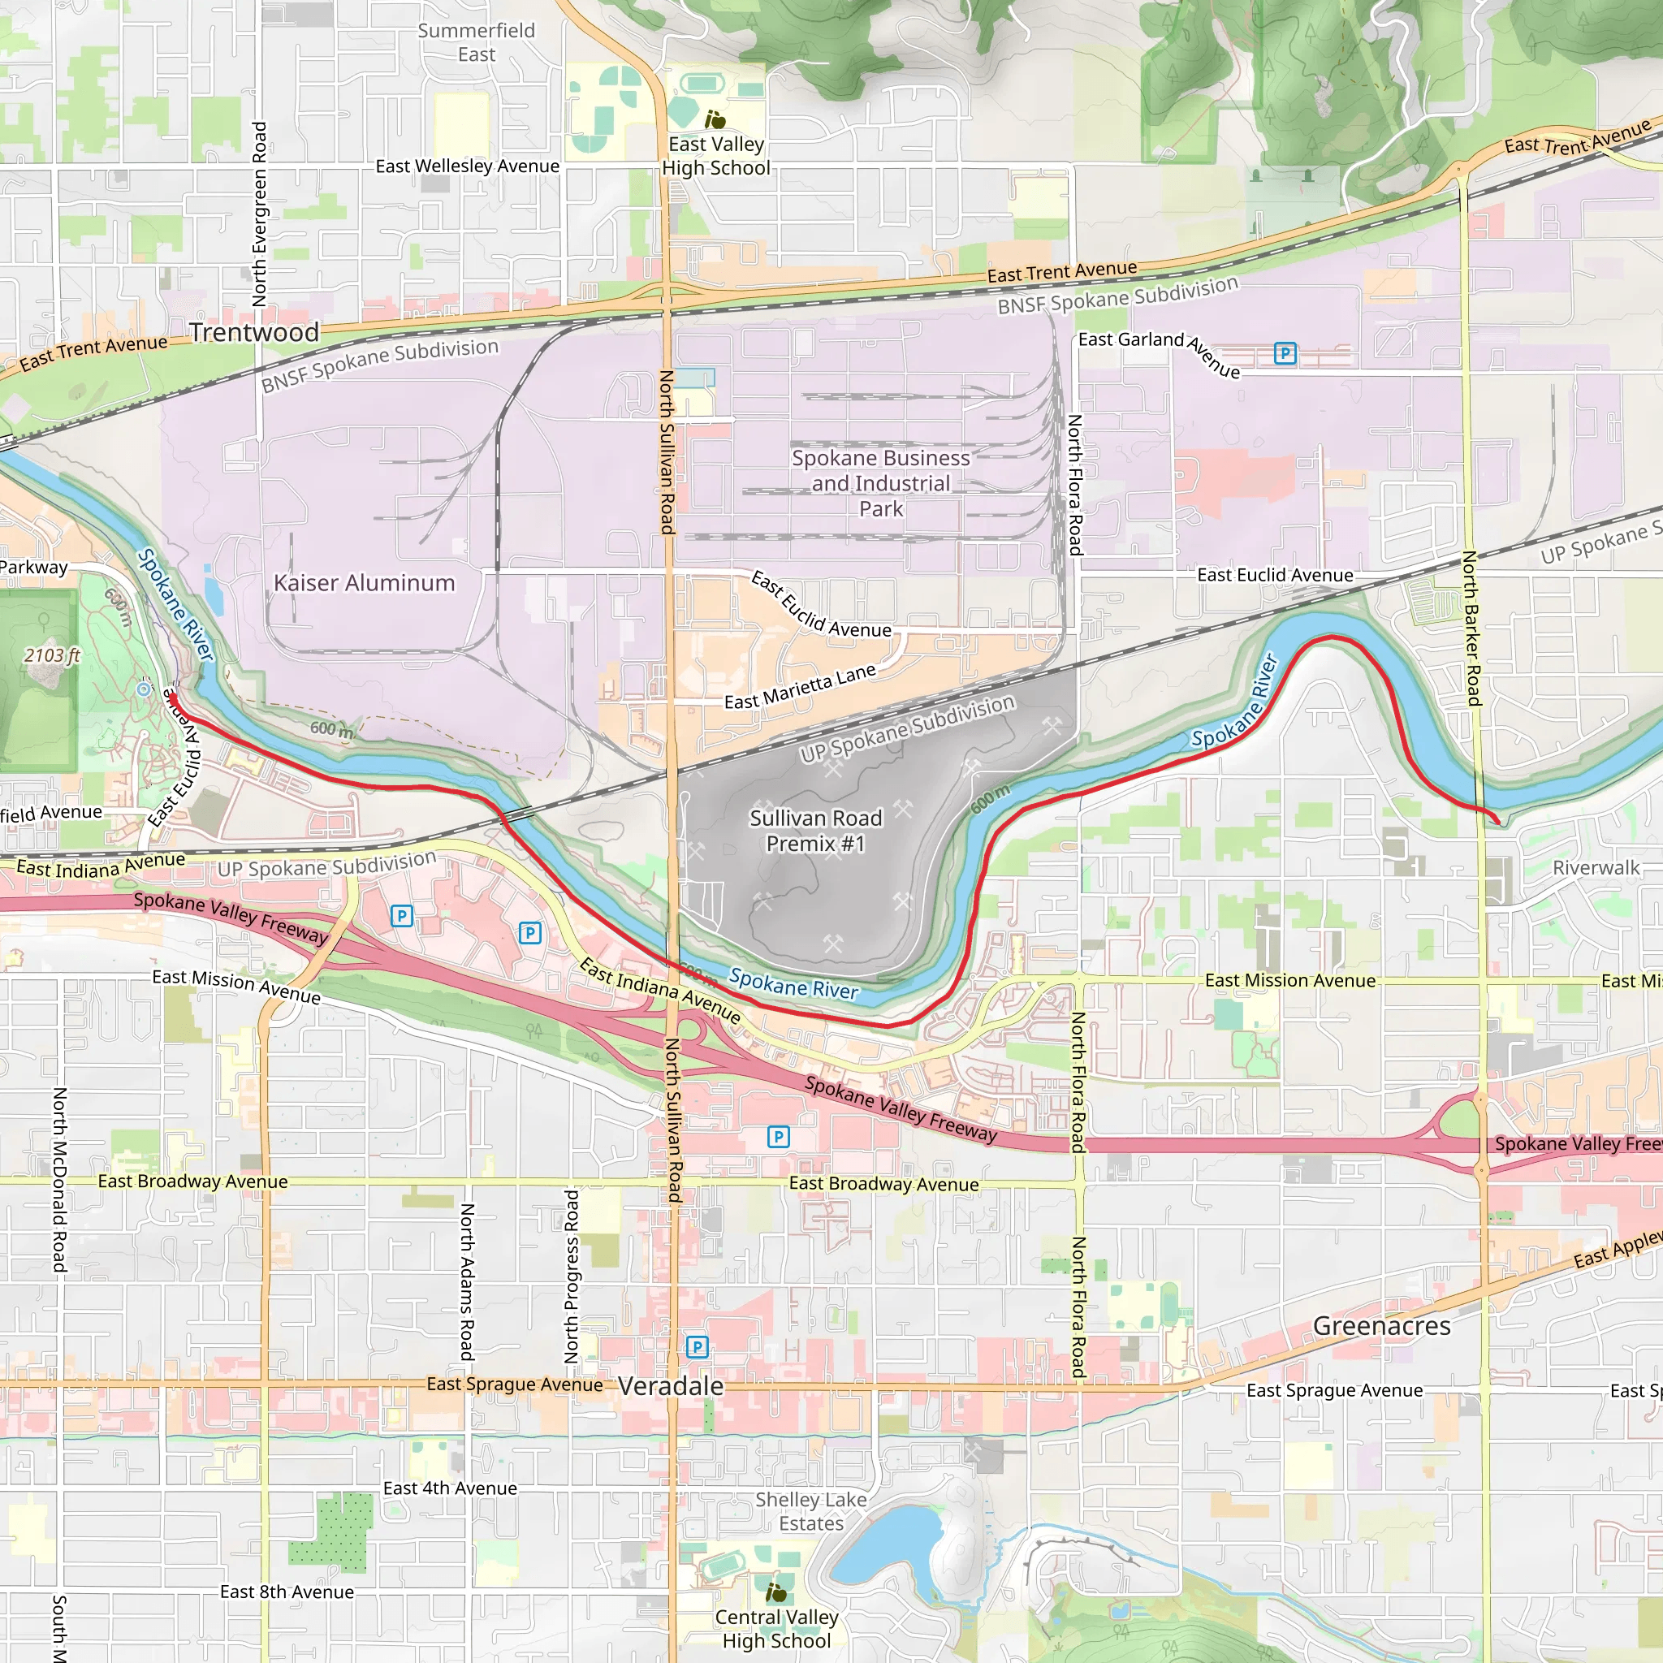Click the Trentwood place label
click(254, 332)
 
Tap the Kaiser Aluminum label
click(364, 583)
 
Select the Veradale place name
click(671, 1386)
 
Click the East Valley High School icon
click(715, 119)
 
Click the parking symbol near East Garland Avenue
click(1285, 353)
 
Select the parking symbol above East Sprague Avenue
click(697, 1346)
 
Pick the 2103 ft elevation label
click(52, 655)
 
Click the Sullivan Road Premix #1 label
click(815, 830)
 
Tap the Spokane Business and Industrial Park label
click(880, 483)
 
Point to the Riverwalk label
click(1596, 868)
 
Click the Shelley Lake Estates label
click(811, 1510)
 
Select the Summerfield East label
click(476, 42)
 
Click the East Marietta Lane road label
click(800, 688)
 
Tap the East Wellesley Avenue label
click(468, 166)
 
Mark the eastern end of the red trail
click(1499, 820)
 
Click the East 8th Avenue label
click(287, 1592)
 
